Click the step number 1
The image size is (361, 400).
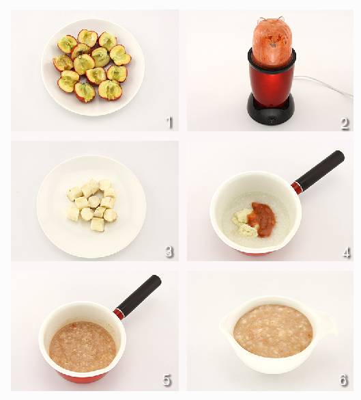coord(169,122)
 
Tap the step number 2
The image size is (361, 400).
coord(345,124)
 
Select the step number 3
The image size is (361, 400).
coord(169,252)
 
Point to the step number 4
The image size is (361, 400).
coord(346,252)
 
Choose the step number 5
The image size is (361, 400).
coord(167,380)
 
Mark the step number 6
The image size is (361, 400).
coord(344,380)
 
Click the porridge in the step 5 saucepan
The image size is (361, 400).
coord(83,347)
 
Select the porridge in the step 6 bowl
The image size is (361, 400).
coord(273,331)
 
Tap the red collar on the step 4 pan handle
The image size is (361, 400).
coord(296,187)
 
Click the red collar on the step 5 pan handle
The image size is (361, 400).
coord(119,313)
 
